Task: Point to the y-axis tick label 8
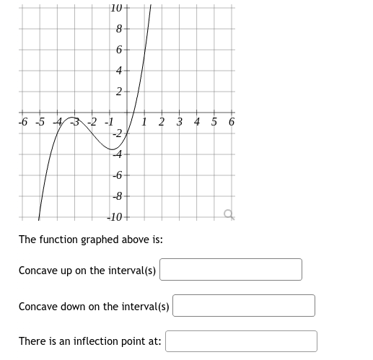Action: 119,30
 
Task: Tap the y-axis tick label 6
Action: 119,51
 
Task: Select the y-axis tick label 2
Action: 119,92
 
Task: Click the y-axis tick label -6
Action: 117,175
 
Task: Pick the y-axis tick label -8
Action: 117,196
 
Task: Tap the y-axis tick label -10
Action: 115,216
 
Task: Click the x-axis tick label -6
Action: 23,122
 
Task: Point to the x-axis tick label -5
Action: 40,122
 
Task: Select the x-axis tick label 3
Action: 179,122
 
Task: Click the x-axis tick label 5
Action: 214,122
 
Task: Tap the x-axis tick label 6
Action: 231,122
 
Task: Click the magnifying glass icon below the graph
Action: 229,214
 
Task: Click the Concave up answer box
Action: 231,270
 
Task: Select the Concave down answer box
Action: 244,306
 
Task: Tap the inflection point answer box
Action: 241,341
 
